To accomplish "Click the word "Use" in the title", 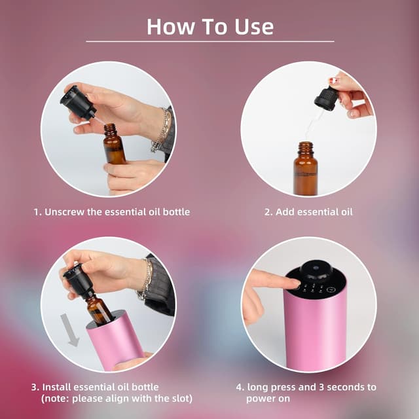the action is pyautogui.click(x=254, y=27).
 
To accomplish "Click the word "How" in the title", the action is pyautogui.click(x=171, y=27).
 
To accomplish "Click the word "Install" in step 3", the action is pyautogui.click(x=56, y=387).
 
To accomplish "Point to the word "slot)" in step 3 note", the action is pyautogui.click(x=181, y=399).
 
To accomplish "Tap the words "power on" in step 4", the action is pyautogui.click(x=268, y=399).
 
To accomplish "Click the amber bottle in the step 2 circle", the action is pyautogui.click(x=306, y=169).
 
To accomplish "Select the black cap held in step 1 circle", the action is pyautogui.click(x=77, y=102).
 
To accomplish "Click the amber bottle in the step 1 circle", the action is pyautogui.click(x=114, y=144).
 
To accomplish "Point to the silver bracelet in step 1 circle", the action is pyautogui.click(x=161, y=130).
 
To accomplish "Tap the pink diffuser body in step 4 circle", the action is pyautogui.click(x=315, y=331).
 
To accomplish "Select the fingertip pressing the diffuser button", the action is pyautogui.click(x=294, y=283).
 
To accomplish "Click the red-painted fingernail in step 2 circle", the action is pyautogui.click(x=333, y=81).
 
